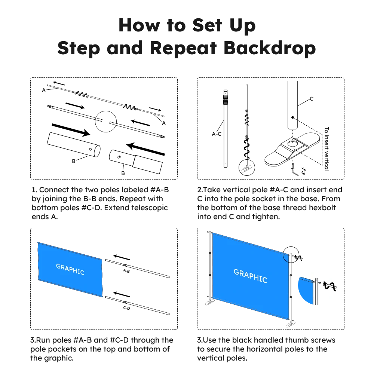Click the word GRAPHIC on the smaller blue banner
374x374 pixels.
[70, 269]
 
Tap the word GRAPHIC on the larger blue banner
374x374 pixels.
[250, 276]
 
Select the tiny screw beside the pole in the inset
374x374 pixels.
[320, 283]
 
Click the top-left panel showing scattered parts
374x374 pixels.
[104, 127]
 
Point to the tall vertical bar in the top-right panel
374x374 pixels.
[326, 148]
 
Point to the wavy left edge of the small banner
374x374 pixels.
[38, 262]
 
